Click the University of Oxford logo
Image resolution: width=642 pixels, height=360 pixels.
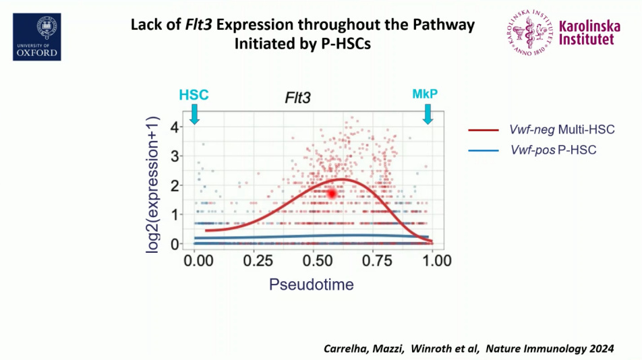(37, 36)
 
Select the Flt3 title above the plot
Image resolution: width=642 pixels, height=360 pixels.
(297, 98)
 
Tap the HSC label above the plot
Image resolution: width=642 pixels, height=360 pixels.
(194, 95)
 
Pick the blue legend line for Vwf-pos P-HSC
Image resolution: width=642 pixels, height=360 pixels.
(485, 150)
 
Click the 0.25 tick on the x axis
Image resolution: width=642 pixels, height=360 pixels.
(254, 261)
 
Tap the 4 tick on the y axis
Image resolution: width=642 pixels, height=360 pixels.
(174, 127)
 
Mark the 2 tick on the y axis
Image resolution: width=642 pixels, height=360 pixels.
(174, 185)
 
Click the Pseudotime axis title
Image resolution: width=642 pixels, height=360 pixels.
(311, 284)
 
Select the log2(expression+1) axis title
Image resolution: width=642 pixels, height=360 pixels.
(154, 186)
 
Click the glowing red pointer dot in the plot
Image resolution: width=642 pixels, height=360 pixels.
(332, 193)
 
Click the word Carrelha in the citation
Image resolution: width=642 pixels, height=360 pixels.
(343, 348)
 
